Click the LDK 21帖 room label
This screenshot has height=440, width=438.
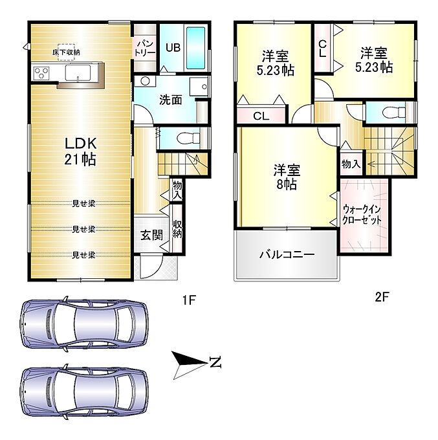(x=80, y=151)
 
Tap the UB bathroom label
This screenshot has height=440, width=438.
(x=173, y=47)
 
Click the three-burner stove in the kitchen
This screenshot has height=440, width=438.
(x=41, y=73)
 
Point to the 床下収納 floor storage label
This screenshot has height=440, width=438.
(x=66, y=52)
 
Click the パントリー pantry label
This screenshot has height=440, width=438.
(x=145, y=48)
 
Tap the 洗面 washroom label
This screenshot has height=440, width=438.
(x=171, y=100)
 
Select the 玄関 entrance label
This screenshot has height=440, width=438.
(x=151, y=235)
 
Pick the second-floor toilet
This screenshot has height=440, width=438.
(x=394, y=113)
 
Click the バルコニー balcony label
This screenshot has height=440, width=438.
(x=287, y=255)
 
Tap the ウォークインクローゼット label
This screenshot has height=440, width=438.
(x=362, y=214)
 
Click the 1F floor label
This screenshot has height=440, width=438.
(x=189, y=300)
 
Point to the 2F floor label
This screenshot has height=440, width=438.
(x=382, y=297)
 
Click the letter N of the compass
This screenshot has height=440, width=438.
(x=215, y=362)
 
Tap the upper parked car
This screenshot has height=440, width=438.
(x=84, y=324)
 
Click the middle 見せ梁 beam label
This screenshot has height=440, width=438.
(x=83, y=230)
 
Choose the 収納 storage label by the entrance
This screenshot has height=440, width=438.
(x=177, y=229)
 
